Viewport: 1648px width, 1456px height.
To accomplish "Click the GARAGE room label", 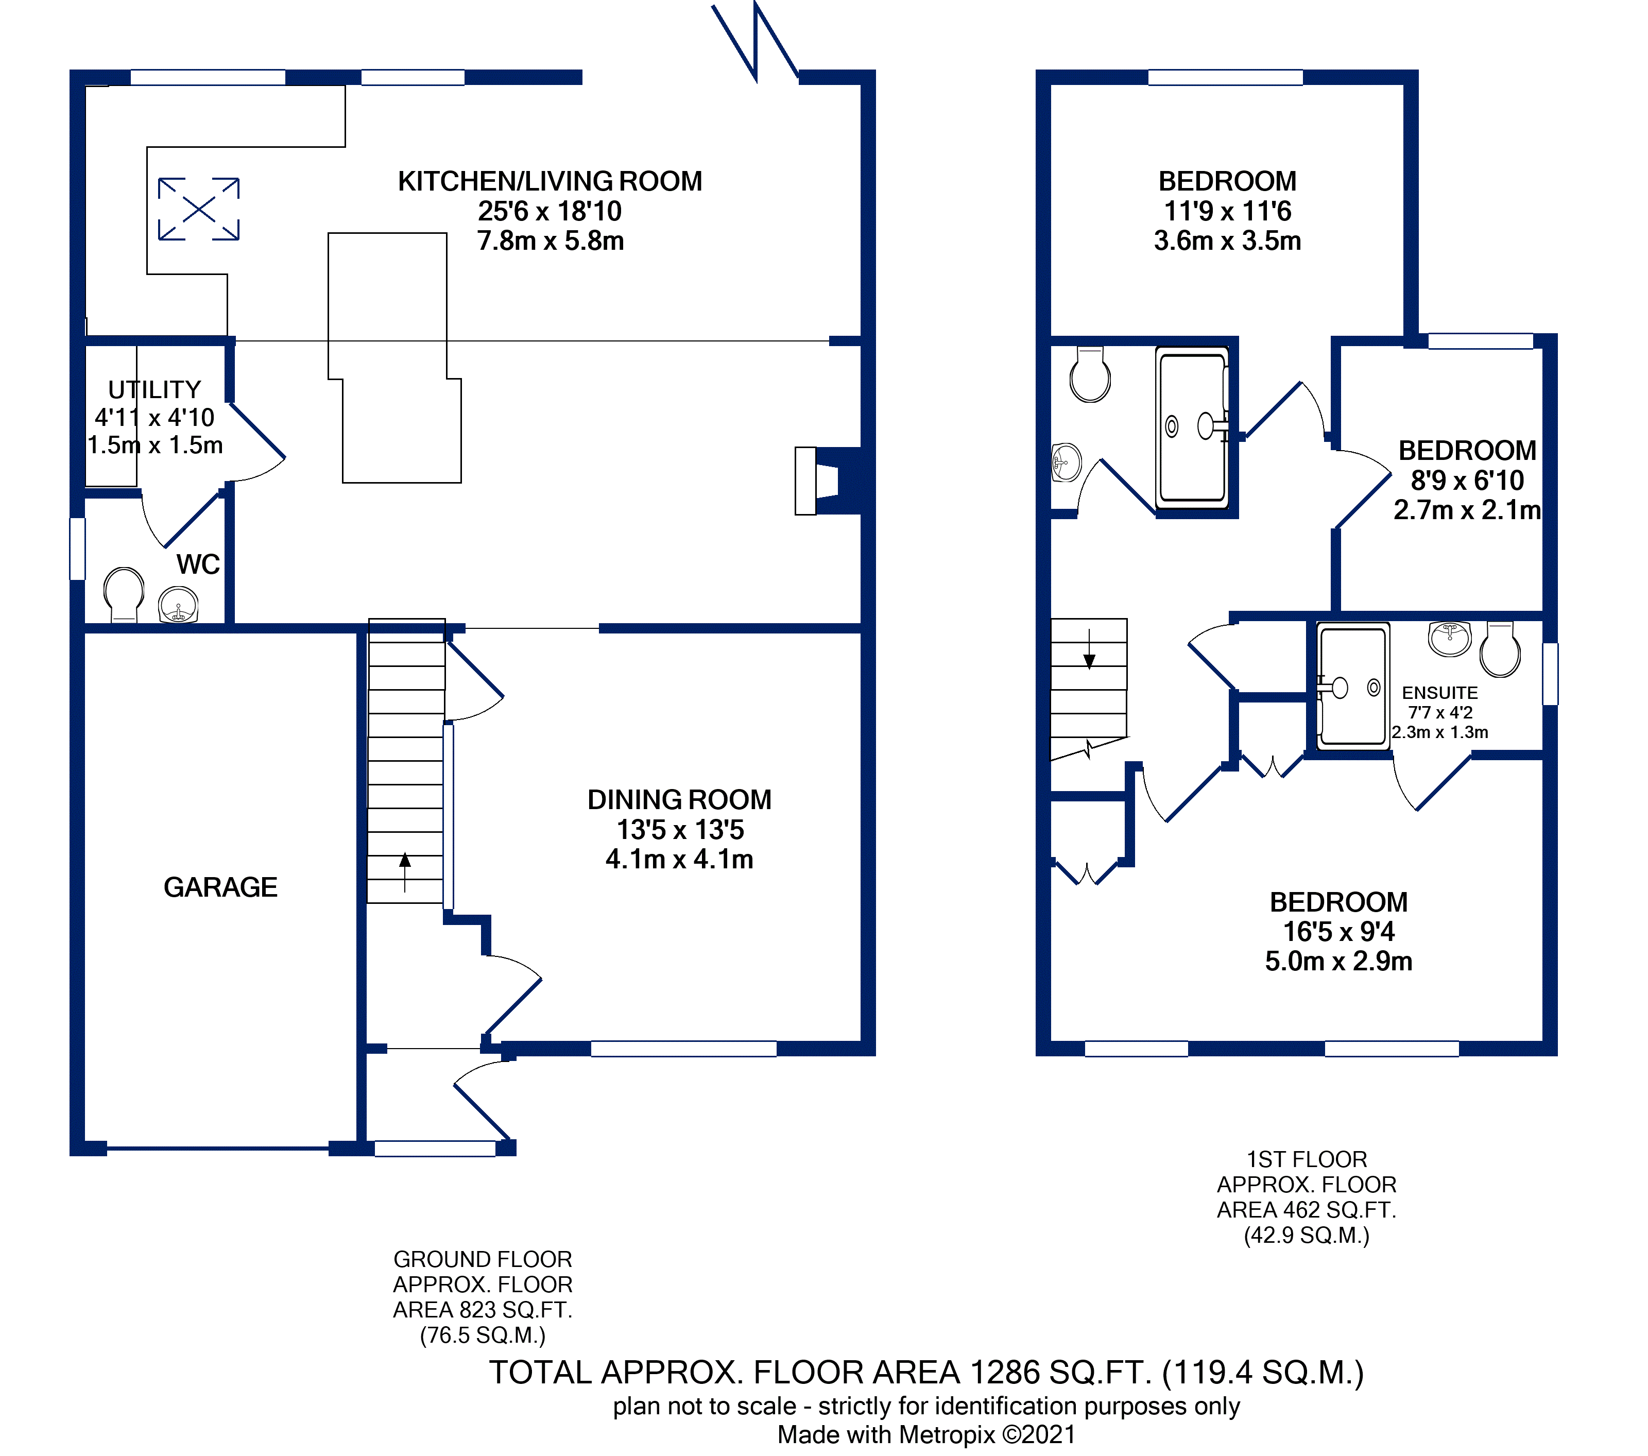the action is tap(220, 887).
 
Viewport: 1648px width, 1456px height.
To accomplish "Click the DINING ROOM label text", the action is tap(679, 800).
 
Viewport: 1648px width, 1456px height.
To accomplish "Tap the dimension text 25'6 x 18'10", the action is tap(550, 211).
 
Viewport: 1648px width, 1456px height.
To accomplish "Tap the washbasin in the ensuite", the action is tap(1450, 639).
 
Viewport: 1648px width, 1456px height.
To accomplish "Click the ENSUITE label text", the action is tap(1440, 693).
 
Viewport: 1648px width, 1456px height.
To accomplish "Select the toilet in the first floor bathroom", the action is tap(1090, 375).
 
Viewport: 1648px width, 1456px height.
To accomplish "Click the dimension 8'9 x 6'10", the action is tap(1467, 481).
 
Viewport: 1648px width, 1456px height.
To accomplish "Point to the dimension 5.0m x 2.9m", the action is tap(1338, 961).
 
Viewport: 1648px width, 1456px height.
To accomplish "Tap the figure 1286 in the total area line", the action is tap(1005, 1372).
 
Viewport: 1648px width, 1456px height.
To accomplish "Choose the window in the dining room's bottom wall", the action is tap(684, 1048).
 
